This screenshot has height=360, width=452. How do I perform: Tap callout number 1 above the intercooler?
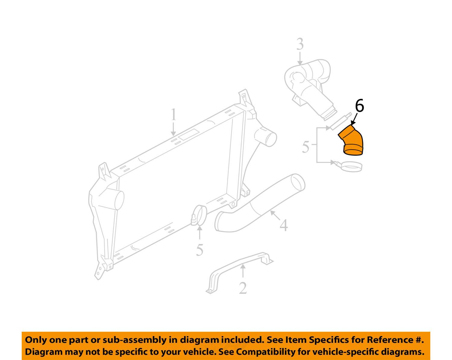pyautogui.click(x=173, y=114)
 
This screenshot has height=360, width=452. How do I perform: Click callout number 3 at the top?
pyautogui.click(x=300, y=44)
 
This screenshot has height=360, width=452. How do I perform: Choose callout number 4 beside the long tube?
pyautogui.click(x=284, y=225)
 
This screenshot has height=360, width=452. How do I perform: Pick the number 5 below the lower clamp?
pyautogui.click(x=199, y=250)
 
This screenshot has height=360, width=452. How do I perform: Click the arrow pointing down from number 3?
pyautogui.click(x=300, y=58)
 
